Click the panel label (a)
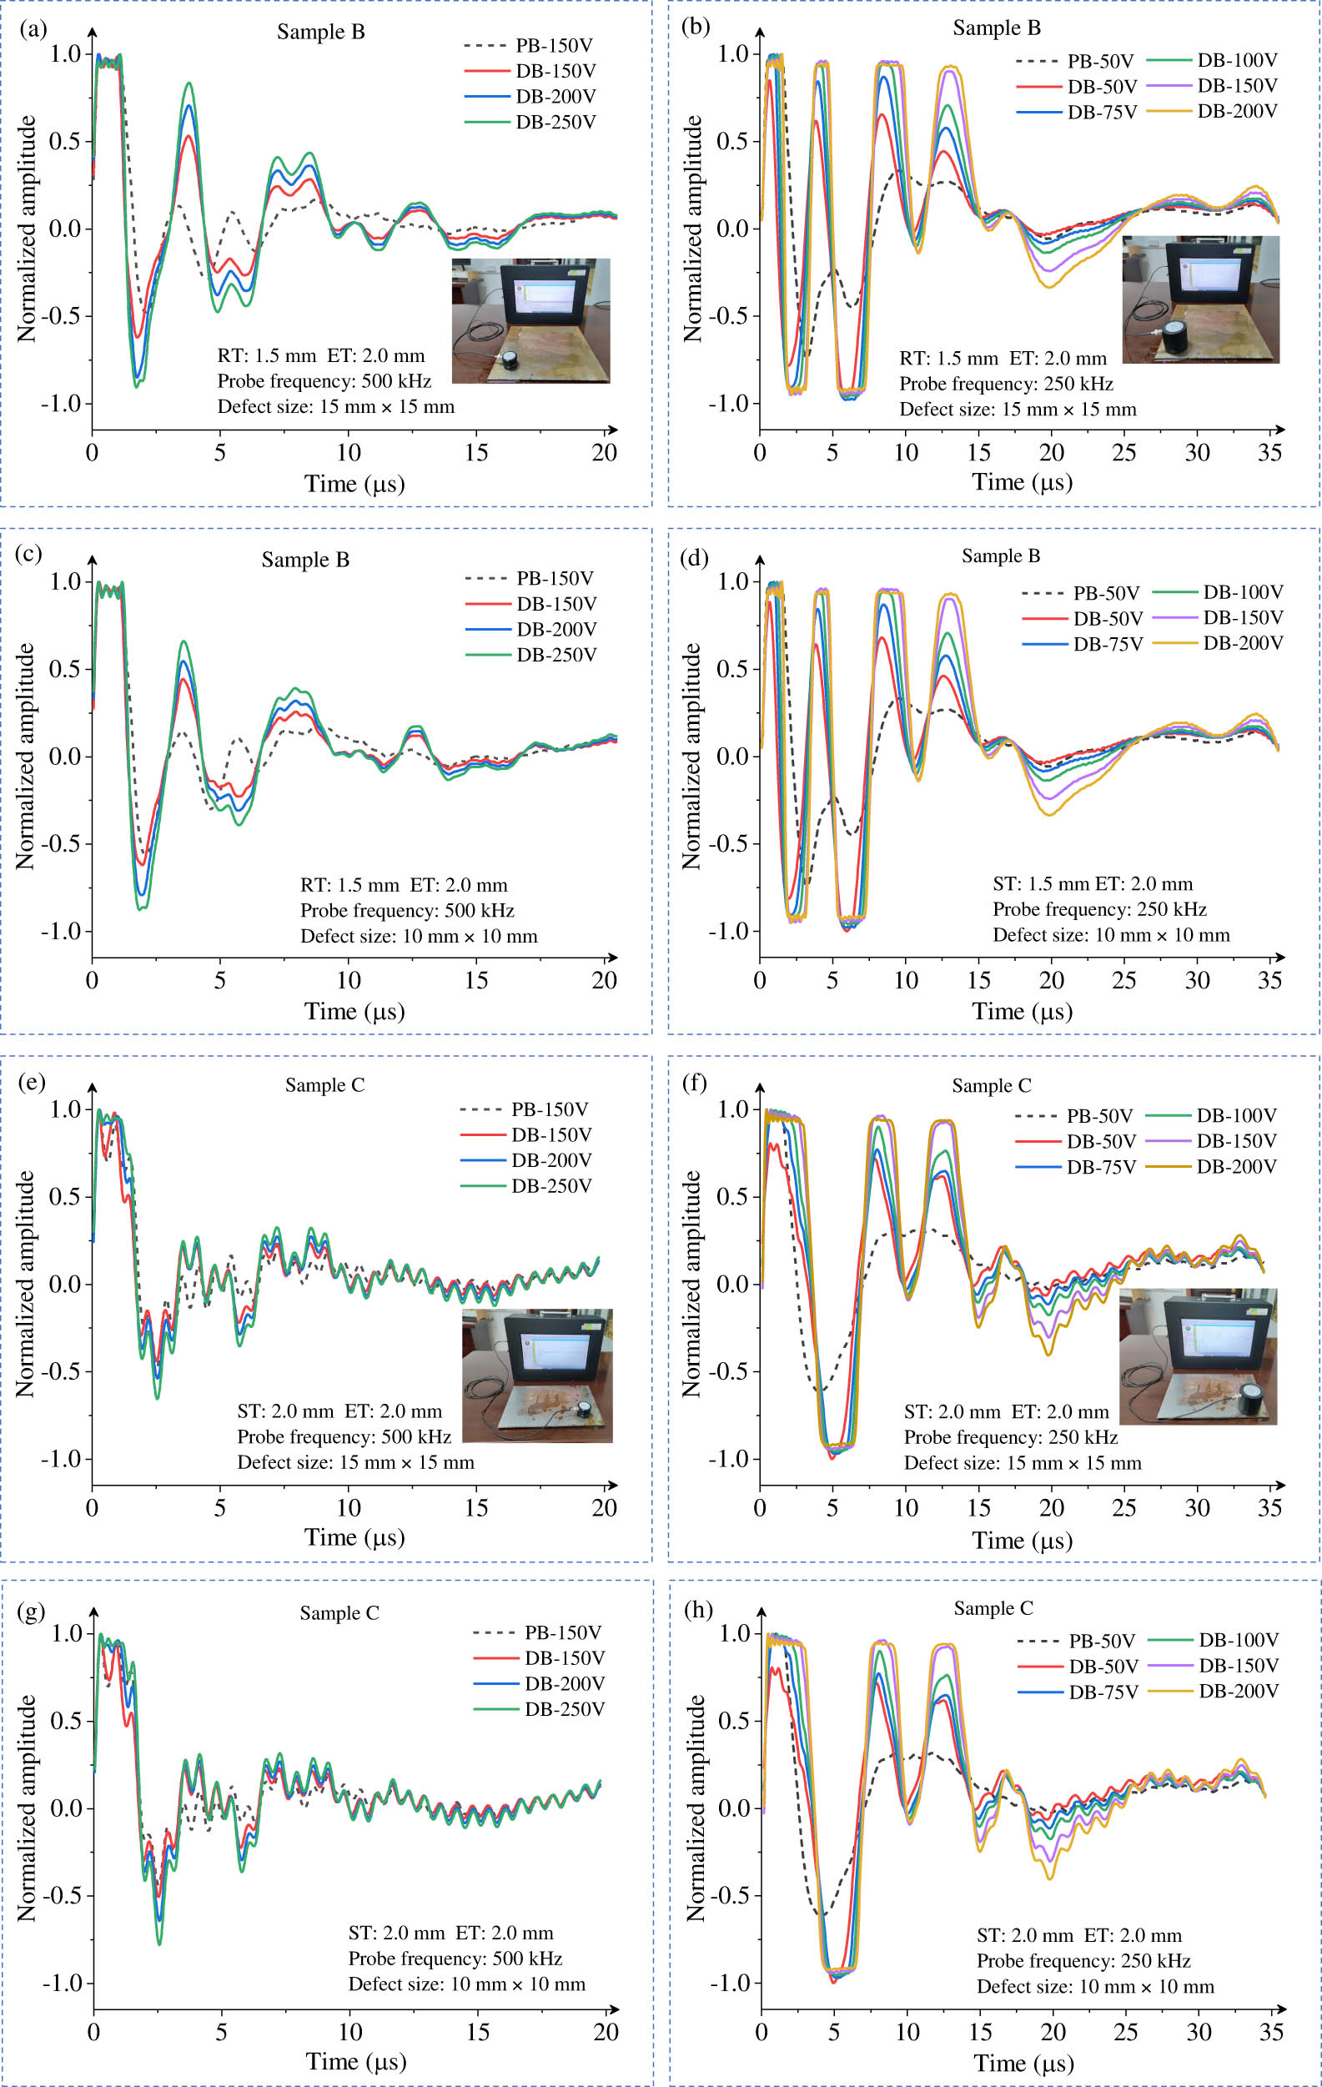32,28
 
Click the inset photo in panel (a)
530,320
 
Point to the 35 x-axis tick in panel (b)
1269,452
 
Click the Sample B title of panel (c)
305,560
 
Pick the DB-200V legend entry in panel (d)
1242,643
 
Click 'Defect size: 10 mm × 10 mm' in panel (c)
419,936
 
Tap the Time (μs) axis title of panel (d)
1022,1012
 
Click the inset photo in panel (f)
1197,1356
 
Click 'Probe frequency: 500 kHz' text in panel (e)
344,1436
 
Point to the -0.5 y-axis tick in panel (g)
63,1894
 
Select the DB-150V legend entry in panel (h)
1238,1665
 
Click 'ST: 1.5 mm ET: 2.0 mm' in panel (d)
1093,884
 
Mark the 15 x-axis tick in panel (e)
476,1508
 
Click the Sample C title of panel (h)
993,1608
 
